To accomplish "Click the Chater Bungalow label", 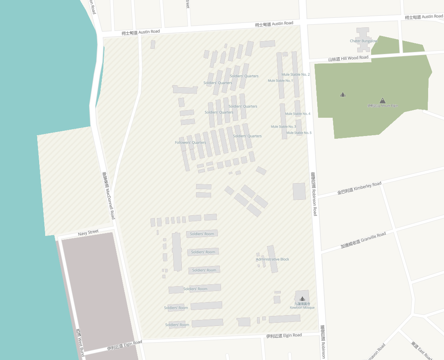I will pyautogui.click(x=364, y=41).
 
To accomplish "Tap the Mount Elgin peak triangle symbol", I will pyautogui.click(x=382, y=101).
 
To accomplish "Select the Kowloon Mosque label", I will pyautogui.click(x=302, y=307).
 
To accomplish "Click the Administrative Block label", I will pyautogui.click(x=272, y=259).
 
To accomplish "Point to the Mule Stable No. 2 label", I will pyautogui.click(x=295, y=75).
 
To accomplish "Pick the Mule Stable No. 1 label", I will pyautogui.click(x=280, y=80).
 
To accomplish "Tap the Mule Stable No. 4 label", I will pyautogui.click(x=297, y=114).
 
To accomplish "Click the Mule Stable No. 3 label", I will pyautogui.click(x=283, y=126).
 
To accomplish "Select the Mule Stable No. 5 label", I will pyautogui.click(x=299, y=133).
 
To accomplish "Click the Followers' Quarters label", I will pyautogui.click(x=191, y=143).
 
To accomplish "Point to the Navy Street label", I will pyautogui.click(x=88, y=232).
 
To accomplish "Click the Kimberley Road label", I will pyautogui.click(x=359, y=188).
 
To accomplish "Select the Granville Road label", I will pyautogui.click(x=363, y=240).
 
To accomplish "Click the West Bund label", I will pyautogui.click(x=80, y=342).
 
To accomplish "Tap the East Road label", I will pyautogui.click(x=421, y=350).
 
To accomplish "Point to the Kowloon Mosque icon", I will pyautogui.click(x=302, y=299).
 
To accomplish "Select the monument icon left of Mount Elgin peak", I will pyautogui.click(x=343, y=94).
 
